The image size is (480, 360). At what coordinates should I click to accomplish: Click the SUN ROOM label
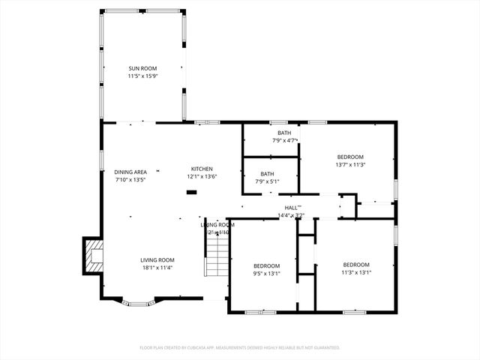click(142, 68)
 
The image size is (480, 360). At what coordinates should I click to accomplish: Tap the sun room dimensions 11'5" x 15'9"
click(142, 76)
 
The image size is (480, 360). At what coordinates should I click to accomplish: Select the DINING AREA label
click(130, 172)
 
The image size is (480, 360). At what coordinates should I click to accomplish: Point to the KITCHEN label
click(202, 169)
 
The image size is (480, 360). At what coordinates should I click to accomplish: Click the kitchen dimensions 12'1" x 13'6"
click(202, 177)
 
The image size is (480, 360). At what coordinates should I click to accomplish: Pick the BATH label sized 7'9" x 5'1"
click(267, 173)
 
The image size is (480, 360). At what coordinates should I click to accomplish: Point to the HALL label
click(292, 208)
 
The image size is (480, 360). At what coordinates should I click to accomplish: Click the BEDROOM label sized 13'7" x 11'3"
click(349, 157)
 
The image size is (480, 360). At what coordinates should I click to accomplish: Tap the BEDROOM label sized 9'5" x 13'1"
click(266, 265)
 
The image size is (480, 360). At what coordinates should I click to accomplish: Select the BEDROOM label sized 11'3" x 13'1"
click(356, 265)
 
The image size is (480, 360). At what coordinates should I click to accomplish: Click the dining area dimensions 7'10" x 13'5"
click(130, 180)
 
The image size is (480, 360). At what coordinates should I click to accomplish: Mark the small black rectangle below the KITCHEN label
click(191, 192)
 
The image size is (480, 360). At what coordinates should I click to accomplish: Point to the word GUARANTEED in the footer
click(322, 348)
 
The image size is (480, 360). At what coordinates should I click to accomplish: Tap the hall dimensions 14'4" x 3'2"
click(291, 216)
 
